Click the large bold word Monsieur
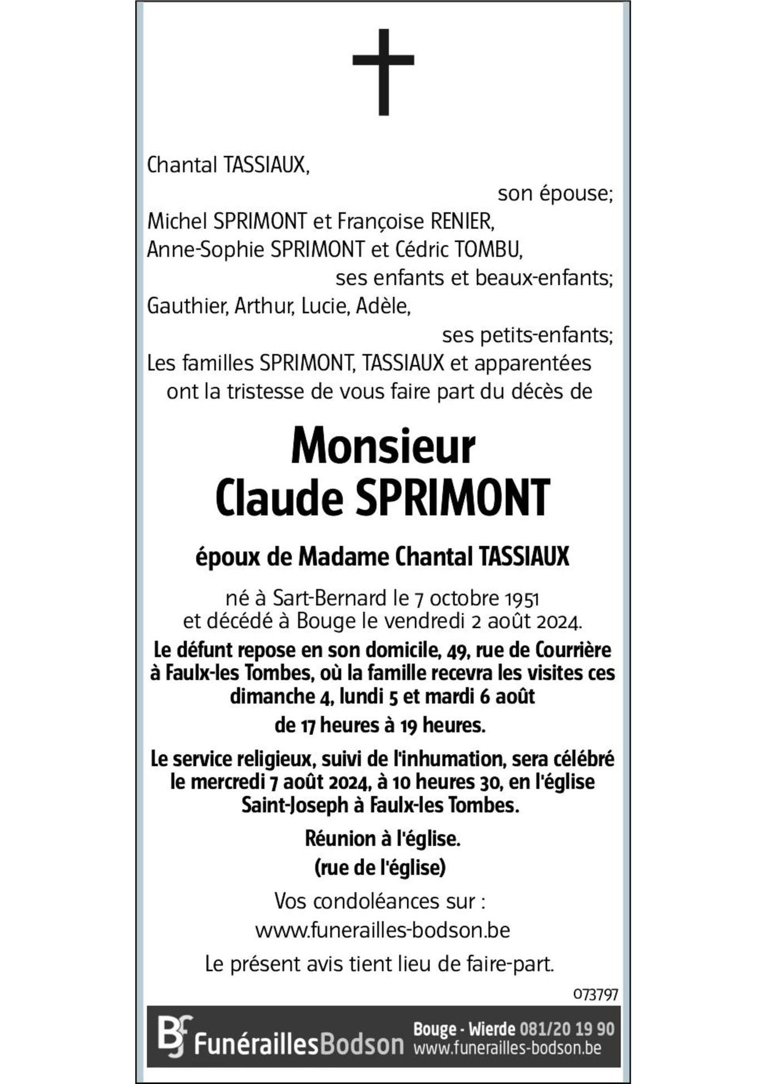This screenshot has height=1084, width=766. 383,446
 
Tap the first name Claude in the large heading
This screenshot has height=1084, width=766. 279,497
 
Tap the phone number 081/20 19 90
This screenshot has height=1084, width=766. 567,1029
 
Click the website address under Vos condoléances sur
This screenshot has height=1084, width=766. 383,930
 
